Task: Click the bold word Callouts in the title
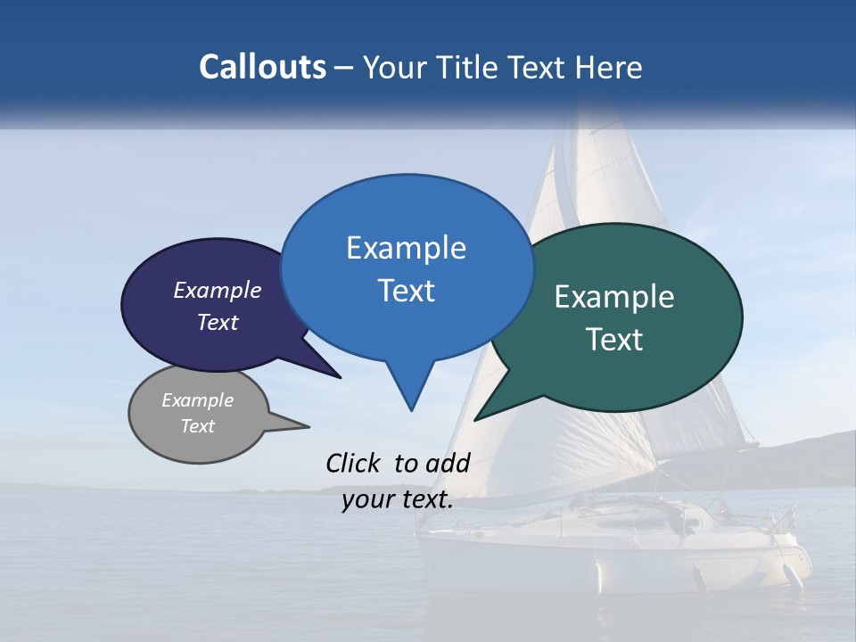[262, 67]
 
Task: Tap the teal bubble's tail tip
[478, 418]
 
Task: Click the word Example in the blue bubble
[406, 248]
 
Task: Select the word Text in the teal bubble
[614, 340]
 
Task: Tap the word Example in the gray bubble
[198, 400]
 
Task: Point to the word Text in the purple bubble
[218, 322]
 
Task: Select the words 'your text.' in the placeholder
[398, 499]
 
